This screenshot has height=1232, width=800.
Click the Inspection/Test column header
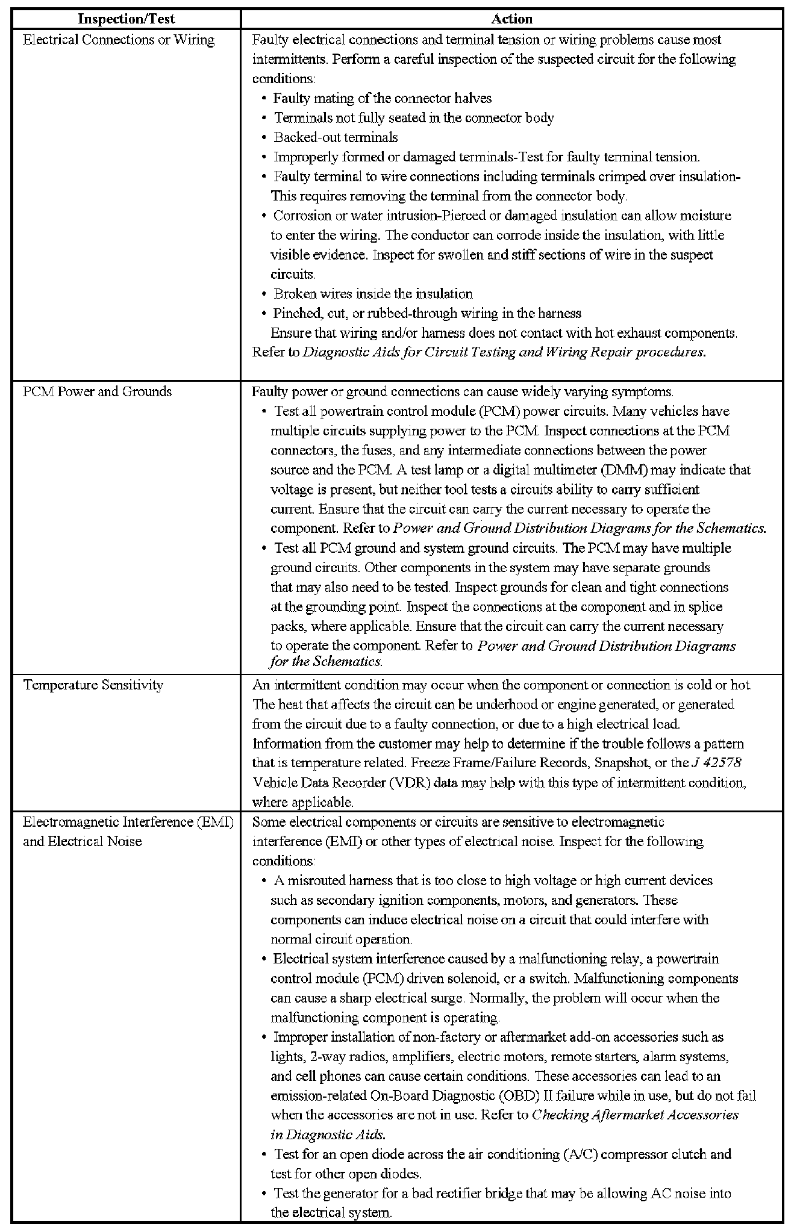(126, 19)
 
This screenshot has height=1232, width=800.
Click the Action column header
(511, 19)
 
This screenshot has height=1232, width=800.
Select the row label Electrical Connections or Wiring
(119, 40)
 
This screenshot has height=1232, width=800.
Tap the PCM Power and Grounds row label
(98, 392)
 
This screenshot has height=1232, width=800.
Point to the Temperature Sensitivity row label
(93, 685)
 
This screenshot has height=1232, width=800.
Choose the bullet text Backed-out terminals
(336, 137)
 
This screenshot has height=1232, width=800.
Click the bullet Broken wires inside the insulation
(373, 294)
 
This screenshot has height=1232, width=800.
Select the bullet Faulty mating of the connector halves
(383, 98)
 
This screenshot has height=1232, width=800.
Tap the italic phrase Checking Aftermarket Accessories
(635, 1115)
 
